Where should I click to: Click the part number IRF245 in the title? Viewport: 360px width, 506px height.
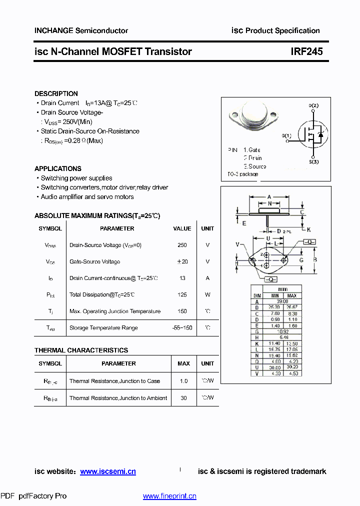[x=307, y=51]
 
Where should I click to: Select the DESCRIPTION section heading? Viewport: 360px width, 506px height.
[x=56, y=93]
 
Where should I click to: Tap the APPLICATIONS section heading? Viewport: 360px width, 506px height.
[x=58, y=168]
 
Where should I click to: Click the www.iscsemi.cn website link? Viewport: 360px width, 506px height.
[x=108, y=471]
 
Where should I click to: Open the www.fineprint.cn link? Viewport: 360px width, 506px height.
[x=169, y=496]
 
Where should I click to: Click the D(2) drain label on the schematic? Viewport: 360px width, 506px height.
[x=313, y=105]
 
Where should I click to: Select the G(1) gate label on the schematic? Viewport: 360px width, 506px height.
[x=286, y=136]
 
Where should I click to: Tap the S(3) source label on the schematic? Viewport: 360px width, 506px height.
[x=313, y=162]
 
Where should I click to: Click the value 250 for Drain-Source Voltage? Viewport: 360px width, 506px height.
[x=182, y=245]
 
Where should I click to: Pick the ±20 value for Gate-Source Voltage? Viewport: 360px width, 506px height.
[x=182, y=261]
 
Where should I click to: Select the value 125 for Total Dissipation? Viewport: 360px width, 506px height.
[x=182, y=294]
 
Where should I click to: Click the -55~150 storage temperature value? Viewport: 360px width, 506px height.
[x=182, y=328]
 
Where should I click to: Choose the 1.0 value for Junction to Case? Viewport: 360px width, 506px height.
[x=183, y=381]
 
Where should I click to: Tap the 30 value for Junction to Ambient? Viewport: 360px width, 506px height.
[x=183, y=398]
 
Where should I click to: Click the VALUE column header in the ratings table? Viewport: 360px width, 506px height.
[x=182, y=228]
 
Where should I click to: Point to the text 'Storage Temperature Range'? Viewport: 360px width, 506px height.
[x=103, y=328]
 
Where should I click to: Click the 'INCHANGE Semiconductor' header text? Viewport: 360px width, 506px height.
[x=81, y=30]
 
